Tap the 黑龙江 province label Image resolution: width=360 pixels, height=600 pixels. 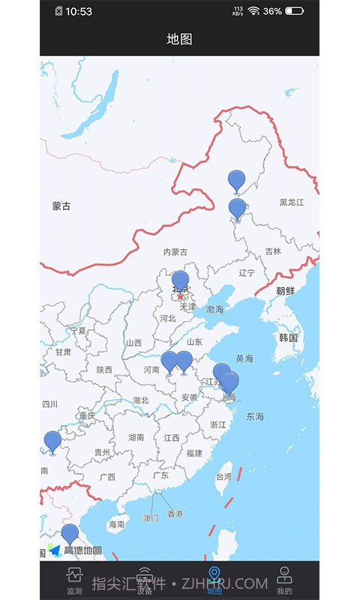tap(292, 202)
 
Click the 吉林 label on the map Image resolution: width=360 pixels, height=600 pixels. tap(273, 252)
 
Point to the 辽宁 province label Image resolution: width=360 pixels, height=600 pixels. tap(247, 273)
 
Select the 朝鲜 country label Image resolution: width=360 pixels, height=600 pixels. tap(286, 292)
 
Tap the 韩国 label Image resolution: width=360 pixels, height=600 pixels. tap(289, 338)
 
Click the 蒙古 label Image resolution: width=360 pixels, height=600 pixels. tap(61, 206)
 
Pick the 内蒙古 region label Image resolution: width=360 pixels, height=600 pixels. tap(175, 253)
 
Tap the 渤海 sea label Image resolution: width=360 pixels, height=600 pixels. tap(215, 310)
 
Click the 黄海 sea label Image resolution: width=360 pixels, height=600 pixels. tap(244, 359)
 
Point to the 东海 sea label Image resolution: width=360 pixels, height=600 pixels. tap(255, 417)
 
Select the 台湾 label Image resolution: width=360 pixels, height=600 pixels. tap(224, 477)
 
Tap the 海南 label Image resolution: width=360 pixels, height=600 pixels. tap(116, 525)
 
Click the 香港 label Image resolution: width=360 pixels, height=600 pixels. tap(175, 514)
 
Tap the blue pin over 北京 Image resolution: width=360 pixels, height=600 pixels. tap(180, 282)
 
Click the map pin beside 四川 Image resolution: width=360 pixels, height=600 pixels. tap(52, 442)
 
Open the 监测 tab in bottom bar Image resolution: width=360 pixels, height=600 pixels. tap(74, 580)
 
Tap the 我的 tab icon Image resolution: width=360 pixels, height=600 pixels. tap(284, 576)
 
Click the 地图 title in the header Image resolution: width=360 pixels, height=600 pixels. tap(180, 39)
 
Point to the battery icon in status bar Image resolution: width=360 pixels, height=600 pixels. tap(294, 11)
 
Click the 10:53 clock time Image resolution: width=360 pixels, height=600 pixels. tap(79, 11)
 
